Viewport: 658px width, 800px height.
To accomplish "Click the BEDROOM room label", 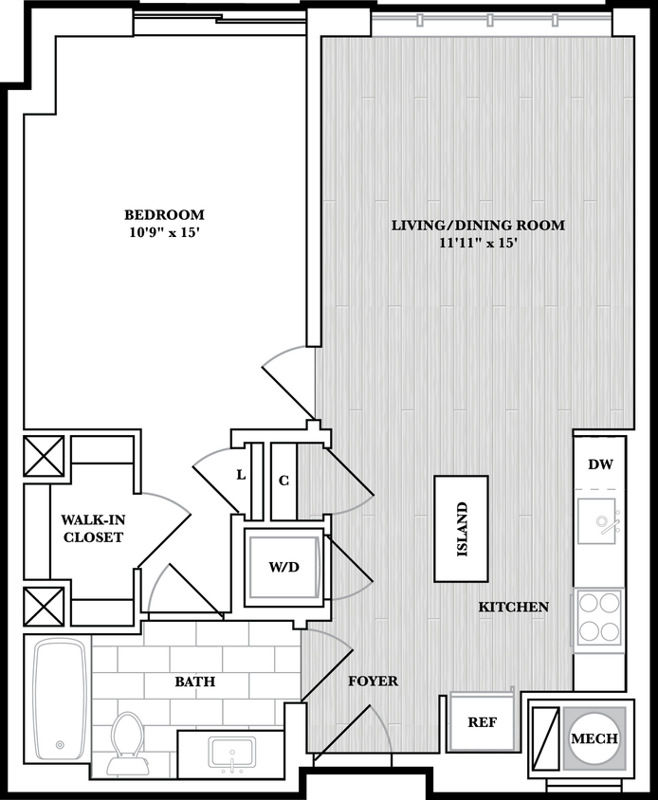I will (x=164, y=214).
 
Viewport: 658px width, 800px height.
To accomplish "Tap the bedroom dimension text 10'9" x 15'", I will (x=164, y=232).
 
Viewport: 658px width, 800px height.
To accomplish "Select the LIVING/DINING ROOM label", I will (x=479, y=226).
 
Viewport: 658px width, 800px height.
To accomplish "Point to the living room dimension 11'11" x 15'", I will (x=479, y=244).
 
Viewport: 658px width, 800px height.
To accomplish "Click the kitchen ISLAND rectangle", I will (x=461, y=528).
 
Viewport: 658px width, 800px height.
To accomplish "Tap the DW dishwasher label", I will (x=599, y=464).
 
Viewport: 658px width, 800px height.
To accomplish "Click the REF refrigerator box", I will (x=482, y=721).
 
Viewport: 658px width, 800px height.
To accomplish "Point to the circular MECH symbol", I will (x=594, y=738).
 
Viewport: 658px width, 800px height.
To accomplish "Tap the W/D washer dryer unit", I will (x=283, y=568).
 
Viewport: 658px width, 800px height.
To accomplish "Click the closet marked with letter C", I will (x=283, y=481).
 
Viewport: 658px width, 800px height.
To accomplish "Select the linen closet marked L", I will (x=242, y=476).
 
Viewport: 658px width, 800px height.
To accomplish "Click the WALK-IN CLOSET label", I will (x=92, y=528).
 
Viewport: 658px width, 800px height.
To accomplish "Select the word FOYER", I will (x=373, y=681).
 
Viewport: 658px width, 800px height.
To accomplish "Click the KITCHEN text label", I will (x=513, y=607).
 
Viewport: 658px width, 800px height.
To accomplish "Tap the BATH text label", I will (x=194, y=682).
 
